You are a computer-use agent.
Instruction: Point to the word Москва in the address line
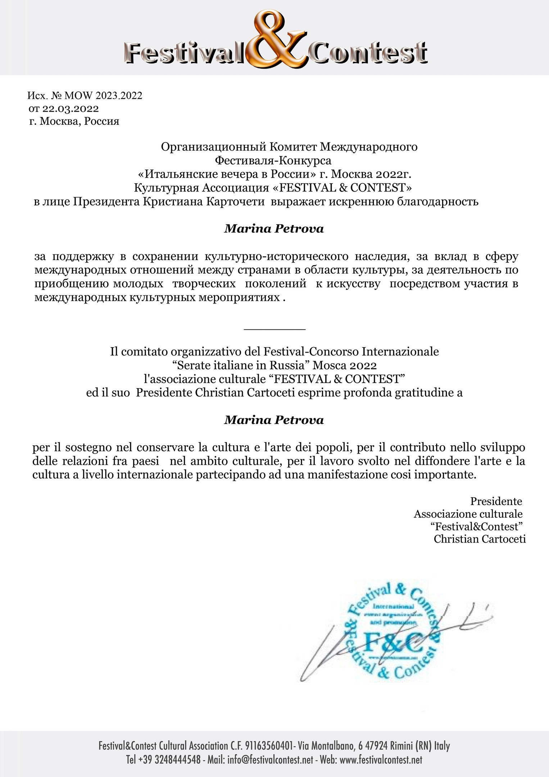59,121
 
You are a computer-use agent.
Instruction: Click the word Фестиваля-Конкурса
273,160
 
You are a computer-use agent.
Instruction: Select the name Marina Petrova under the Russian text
274,229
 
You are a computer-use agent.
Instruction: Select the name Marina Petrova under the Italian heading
274,420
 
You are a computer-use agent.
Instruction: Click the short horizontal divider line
274,329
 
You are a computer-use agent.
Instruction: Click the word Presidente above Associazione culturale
496,501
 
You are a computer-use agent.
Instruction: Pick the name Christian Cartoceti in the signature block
480,539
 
